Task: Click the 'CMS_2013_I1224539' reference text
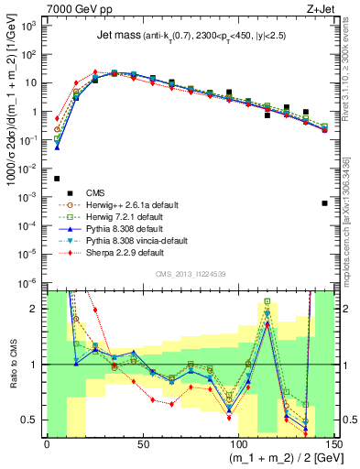191,273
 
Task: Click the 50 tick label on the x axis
143,444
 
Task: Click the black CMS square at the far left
57,179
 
